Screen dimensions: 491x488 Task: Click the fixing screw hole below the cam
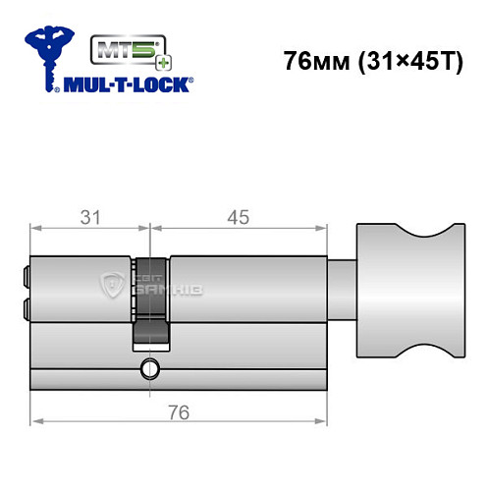tap(149, 369)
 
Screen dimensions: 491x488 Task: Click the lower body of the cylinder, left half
tap(83, 358)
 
